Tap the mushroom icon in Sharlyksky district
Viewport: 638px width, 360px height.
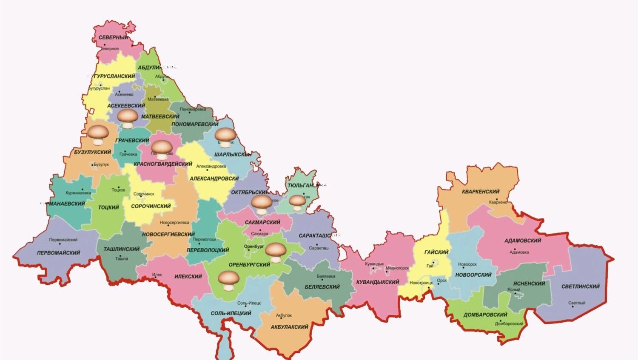[x=225, y=137]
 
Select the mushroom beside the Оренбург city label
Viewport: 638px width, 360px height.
[x=276, y=252]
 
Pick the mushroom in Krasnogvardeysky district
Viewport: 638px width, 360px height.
[x=162, y=149]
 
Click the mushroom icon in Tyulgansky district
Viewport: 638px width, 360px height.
[x=297, y=202]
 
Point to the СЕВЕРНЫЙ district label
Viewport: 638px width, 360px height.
[x=114, y=37]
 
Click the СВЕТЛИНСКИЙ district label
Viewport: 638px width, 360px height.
[x=580, y=286]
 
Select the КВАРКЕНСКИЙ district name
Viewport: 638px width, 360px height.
[x=481, y=192]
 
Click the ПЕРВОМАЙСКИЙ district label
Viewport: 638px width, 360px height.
[x=58, y=252]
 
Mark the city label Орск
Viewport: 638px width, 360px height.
[x=441, y=281]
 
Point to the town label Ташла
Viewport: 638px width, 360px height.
[x=121, y=258]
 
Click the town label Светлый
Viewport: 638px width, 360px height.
[x=577, y=303]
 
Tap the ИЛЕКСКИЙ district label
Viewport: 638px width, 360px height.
[x=188, y=276]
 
